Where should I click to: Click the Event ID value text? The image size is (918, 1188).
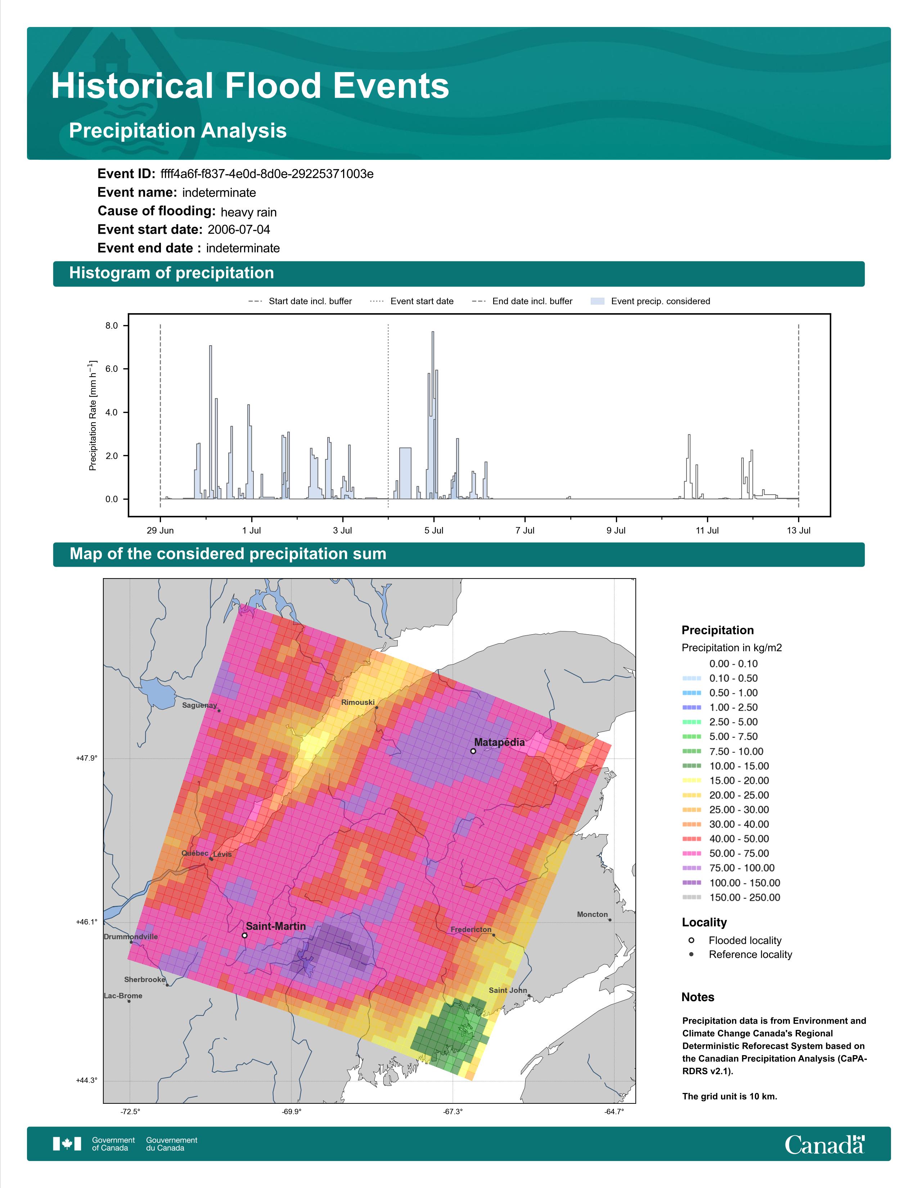(x=267, y=174)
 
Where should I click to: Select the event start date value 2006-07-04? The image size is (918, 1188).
(x=239, y=230)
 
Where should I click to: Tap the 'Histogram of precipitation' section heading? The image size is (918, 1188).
(x=171, y=273)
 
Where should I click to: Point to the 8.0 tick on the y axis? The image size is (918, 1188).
(x=112, y=326)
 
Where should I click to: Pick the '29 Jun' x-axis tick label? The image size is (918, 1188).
(x=161, y=530)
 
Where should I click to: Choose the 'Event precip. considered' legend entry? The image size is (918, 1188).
(x=651, y=301)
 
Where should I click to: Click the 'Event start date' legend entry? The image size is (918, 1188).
(x=412, y=301)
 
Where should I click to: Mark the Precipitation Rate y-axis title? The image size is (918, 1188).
(x=93, y=415)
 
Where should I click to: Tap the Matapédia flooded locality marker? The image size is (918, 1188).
(x=473, y=751)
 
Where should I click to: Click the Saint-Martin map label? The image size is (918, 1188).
(x=276, y=926)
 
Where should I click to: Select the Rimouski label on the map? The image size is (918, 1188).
(x=358, y=702)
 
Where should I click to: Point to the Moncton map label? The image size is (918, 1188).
(x=592, y=914)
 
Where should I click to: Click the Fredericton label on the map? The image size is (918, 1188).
(x=471, y=930)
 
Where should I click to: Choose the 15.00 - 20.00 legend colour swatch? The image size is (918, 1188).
(x=691, y=780)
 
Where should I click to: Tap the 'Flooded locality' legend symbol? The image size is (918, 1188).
(x=691, y=940)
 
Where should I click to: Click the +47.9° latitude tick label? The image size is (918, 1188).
(x=86, y=758)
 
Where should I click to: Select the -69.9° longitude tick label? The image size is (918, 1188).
(x=292, y=1112)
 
